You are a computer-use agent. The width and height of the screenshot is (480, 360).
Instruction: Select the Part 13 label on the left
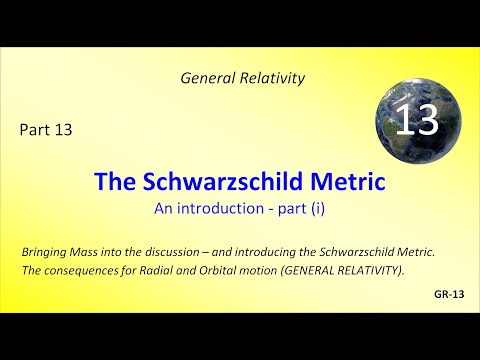(x=45, y=128)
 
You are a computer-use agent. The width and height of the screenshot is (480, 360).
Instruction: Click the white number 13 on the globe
(x=417, y=122)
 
